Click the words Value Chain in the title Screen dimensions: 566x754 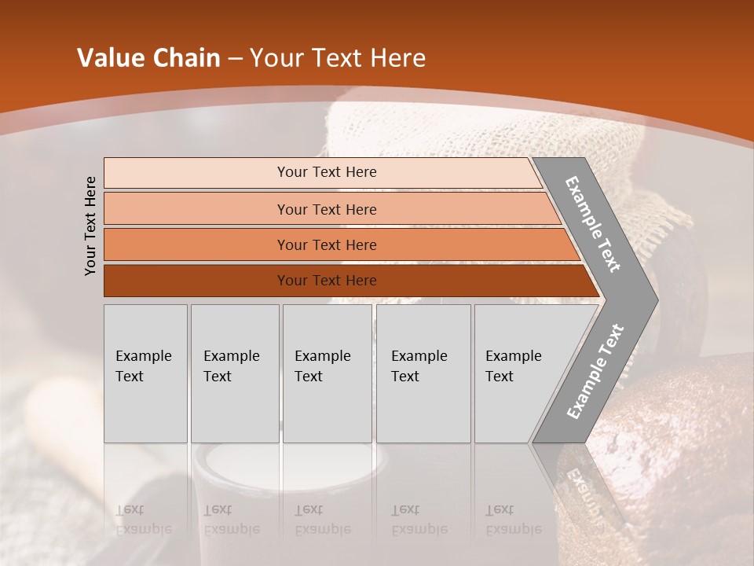tap(148, 58)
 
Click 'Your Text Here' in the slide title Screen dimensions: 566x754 tap(338, 58)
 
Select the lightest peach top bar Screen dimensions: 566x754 tap(196, 172)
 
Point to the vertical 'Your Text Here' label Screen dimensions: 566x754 tap(90, 226)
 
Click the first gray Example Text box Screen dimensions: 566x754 tap(145, 373)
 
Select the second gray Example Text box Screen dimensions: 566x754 tap(234, 373)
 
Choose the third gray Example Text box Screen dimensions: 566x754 tap(327, 373)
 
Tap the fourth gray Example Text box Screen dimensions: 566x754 tap(423, 373)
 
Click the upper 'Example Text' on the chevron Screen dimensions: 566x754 tap(593, 224)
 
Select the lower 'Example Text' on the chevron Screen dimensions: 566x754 tap(595, 371)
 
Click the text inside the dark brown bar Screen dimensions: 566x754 tap(327, 281)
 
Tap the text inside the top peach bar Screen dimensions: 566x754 tap(327, 172)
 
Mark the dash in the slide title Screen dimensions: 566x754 tap(235, 59)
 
